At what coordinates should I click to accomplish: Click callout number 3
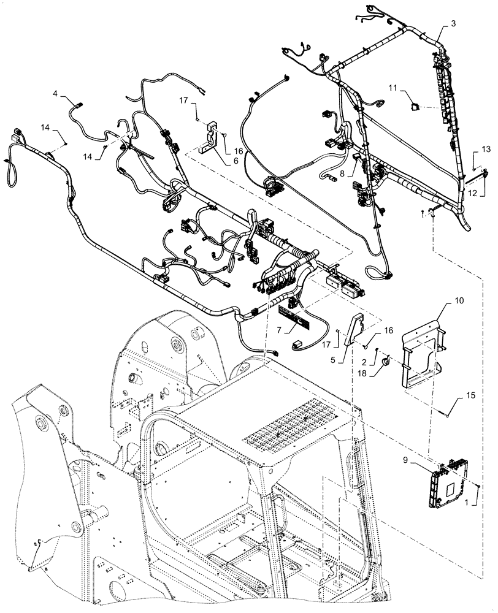point(453,23)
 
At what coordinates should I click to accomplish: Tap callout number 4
point(55,94)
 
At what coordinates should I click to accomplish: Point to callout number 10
point(442,300)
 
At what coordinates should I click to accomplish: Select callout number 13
point(486,149)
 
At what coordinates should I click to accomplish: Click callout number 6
point(219,161)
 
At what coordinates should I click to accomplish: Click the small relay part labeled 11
point(416,106)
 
